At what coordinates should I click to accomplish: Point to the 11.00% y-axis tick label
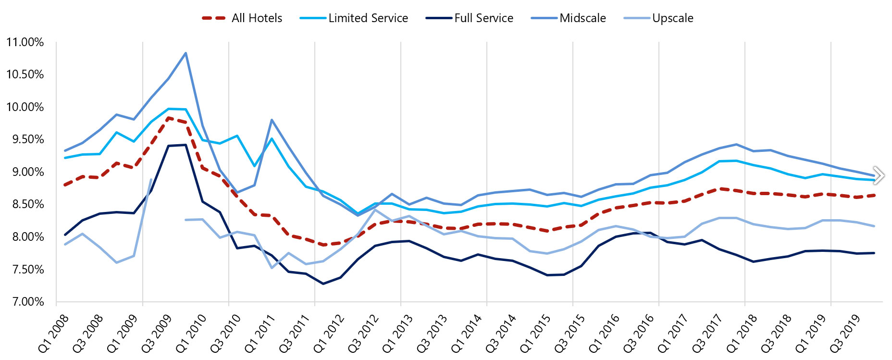point(25,42)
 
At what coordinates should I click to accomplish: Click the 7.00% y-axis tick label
point(25,302)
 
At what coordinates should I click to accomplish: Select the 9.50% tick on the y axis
point(25,139)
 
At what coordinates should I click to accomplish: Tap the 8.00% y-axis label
point(25,237)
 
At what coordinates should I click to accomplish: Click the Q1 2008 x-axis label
point(53,333)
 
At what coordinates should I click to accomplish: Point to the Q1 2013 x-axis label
point(397,333)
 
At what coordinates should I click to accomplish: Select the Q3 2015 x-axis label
point(570,333)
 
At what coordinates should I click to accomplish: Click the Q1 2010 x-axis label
point(191,333)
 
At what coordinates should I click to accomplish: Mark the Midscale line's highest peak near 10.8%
point(186,53)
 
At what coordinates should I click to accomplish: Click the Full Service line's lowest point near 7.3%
point(323,284)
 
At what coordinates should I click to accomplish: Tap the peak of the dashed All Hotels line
point(169,118)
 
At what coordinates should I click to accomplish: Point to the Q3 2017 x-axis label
point(707,333)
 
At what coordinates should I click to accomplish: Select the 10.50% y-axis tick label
point(25,74)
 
